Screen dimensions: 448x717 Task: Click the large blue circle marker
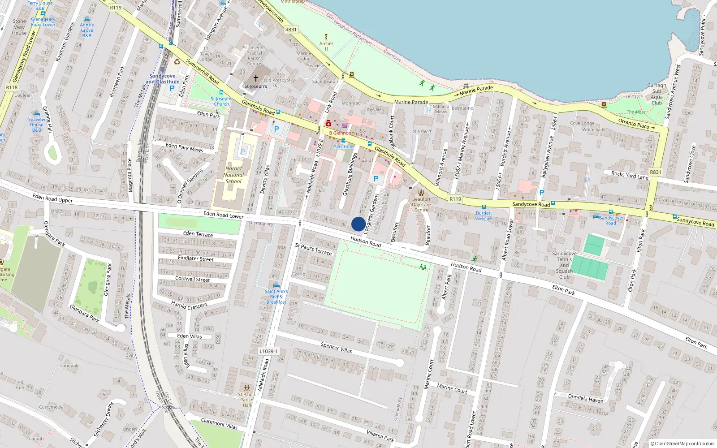(x=358, y=224)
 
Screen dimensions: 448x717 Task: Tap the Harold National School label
(x=233, y=175)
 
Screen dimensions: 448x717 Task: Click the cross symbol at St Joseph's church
(x=256, y=78)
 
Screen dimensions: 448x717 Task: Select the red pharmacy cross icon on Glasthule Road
(x=328, y=124)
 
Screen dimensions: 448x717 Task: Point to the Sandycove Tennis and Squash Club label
(x=564, y=265)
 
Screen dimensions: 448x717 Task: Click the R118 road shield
(x=12, y=87)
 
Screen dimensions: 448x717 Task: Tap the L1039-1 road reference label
(x=268, y=351)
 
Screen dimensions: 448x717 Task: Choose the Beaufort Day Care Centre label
(x=421, y=204)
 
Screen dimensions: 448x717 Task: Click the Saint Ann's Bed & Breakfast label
(x=276, y=297)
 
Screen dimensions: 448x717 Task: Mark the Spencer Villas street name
(x=336, y=348)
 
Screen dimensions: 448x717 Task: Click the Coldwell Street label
(x=193, y=279)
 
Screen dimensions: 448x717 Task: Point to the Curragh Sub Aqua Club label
(x=657, y=94)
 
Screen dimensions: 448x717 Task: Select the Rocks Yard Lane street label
(x=630, y=175)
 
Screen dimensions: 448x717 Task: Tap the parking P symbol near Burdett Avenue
(x=541, y=193)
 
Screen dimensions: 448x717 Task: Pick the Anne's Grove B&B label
(x=87, y=30)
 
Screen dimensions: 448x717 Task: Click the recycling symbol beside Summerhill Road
(x=177, y=62)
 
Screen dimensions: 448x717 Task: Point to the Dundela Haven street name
(x=586, y=398)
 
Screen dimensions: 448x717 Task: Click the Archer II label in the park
(x=326, y=46)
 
